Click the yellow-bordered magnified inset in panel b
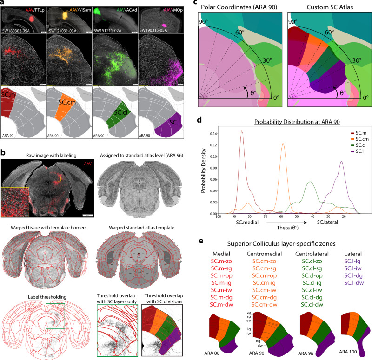[x=15, y=200]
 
